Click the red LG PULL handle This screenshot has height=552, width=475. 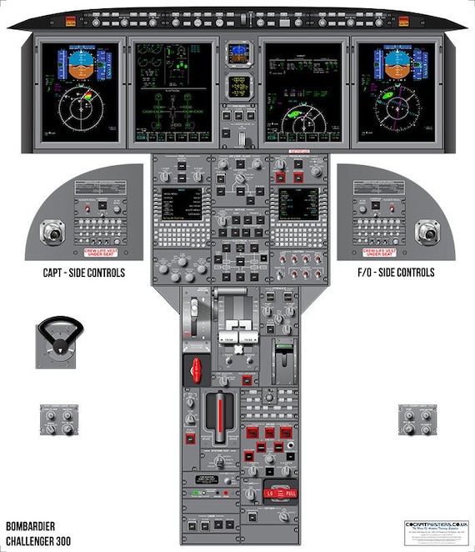click(x=281, y=492)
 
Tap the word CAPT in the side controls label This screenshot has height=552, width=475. click(x=57, y=273)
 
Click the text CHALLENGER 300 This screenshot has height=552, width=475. click(x=40, y=540)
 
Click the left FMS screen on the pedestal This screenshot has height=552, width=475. click(x=184, y=203)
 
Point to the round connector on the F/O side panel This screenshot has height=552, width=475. click(x=427, y=231)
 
